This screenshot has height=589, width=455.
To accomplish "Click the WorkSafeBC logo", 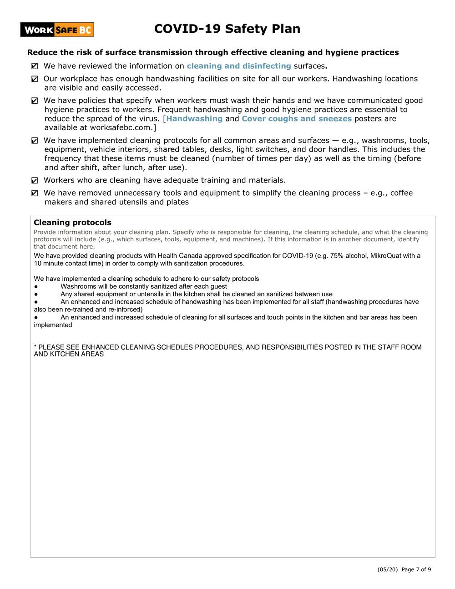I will pyautogui.click(x=57, y=30).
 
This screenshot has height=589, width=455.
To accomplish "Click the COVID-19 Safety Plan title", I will pyautogui.click(x=227, y=29).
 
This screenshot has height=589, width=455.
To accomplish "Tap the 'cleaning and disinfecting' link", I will pyautogui.click(x=238, y=66).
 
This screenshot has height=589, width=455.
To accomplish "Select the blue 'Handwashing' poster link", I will pyautogui.click(x=194, y=119).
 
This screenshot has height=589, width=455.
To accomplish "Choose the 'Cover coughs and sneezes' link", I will pyautogui.click(x=296, y=119).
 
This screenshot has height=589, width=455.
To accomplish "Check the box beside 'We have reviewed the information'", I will pyautogui.click(x=35, y=66).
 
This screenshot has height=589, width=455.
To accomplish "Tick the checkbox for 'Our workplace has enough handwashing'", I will pyautogui.click(x=35, y=79).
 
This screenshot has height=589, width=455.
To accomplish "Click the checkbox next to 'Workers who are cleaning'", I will pyautogui.click(x=35, y=181).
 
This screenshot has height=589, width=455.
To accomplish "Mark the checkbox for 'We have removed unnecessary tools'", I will pyautogui.click(x=35, y=193).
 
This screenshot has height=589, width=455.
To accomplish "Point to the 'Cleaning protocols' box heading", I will pyautogui.click(x=72, y=223).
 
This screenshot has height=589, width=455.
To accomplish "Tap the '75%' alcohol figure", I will pyautogui.click(x=337, y=256).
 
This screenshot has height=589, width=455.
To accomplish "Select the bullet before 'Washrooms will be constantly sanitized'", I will pyautogui.click(x=36, y=287).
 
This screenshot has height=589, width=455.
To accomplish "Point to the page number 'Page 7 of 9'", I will pyautogui.click(x=416, y=569).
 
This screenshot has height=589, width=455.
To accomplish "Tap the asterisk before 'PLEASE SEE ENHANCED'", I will pyautogui.click(x=35, y=347).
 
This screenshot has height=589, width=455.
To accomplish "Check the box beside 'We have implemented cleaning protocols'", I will pyautogui.click(x=35, y=141).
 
